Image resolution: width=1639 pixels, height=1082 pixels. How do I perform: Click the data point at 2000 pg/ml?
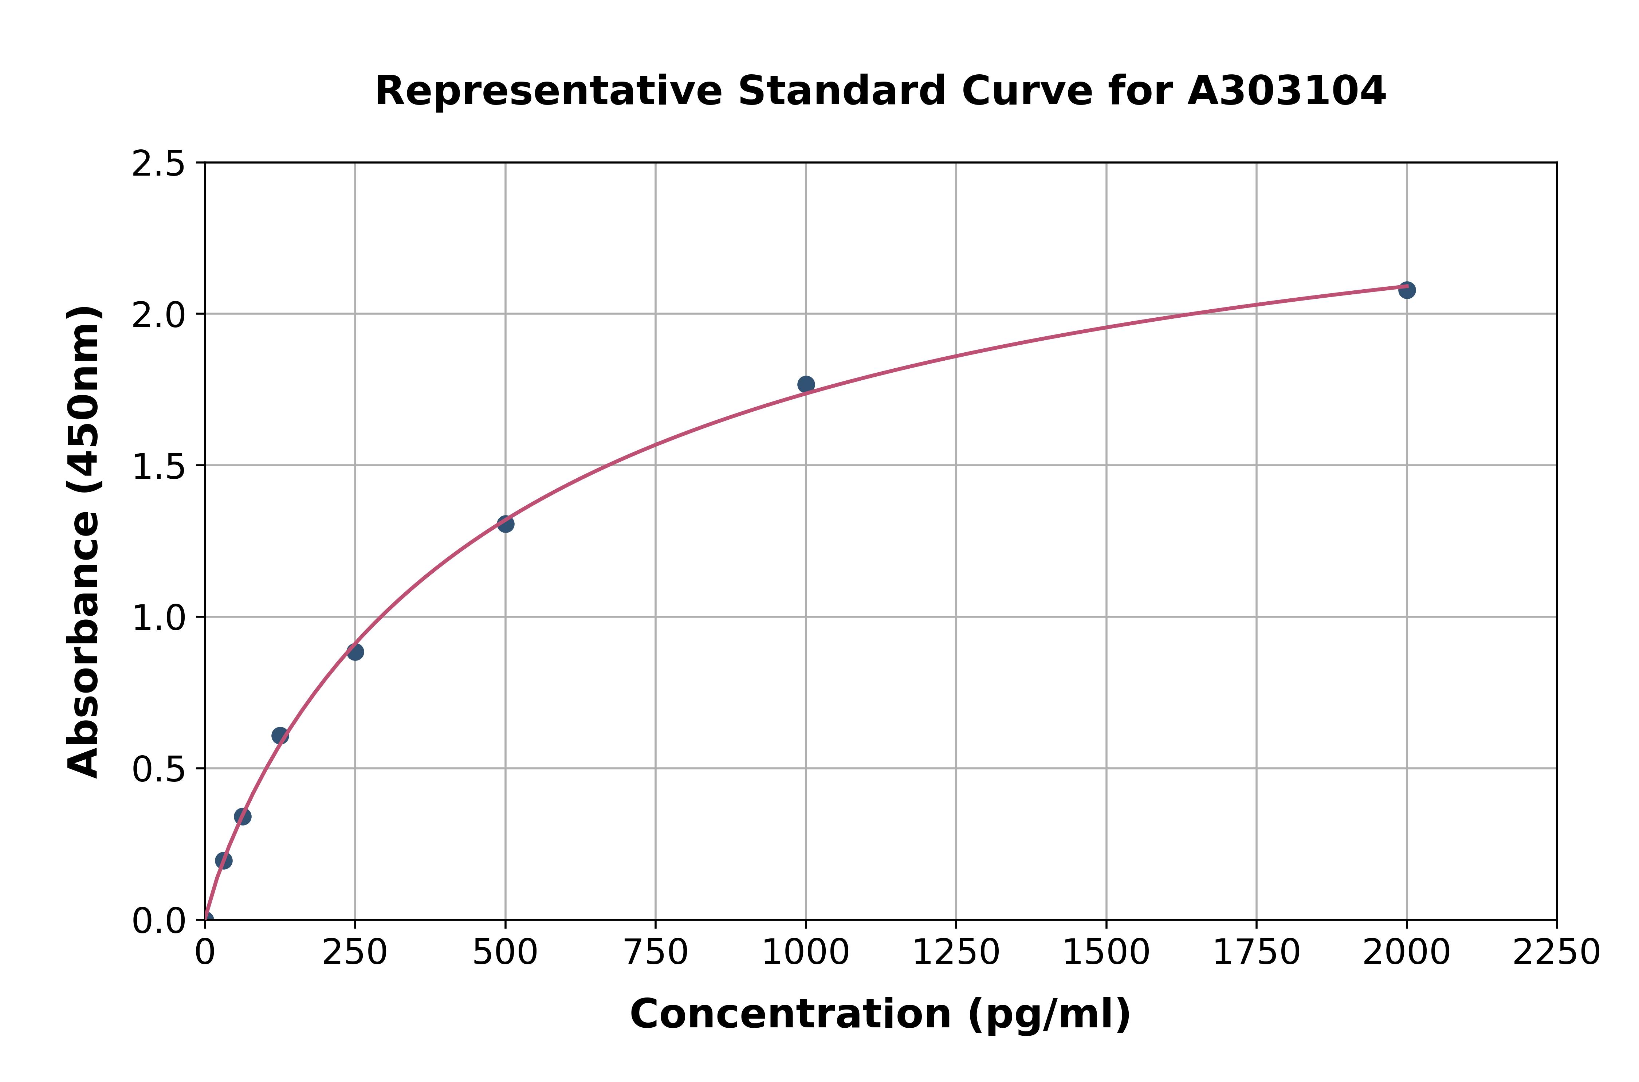1407,290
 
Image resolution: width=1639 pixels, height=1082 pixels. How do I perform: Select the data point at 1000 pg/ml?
806,384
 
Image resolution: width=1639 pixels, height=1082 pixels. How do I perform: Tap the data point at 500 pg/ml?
506,524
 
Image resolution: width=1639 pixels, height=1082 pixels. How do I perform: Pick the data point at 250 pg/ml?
355,651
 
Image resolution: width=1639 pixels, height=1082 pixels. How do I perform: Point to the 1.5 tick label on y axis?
158,466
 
